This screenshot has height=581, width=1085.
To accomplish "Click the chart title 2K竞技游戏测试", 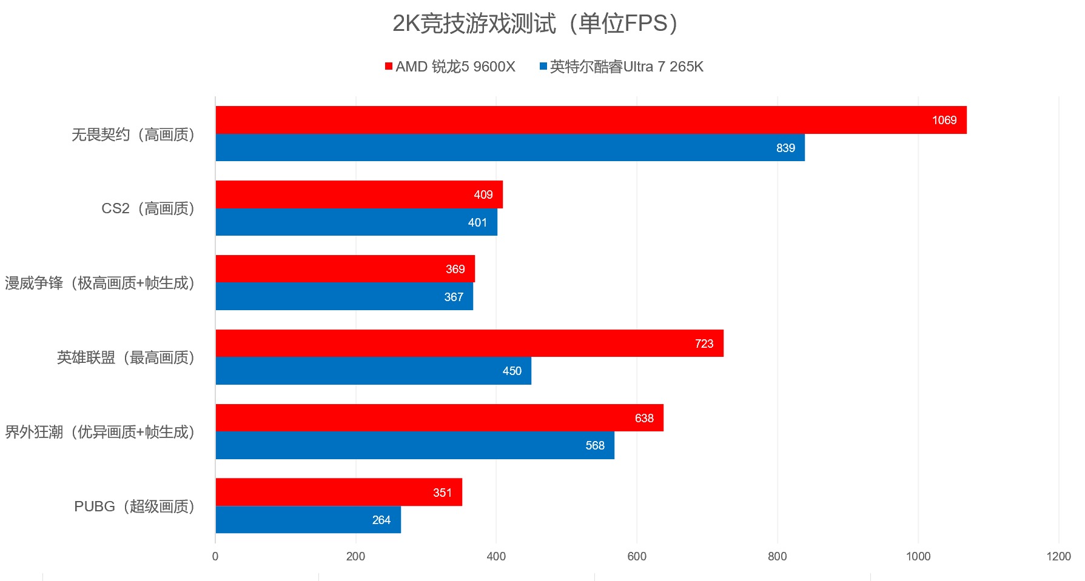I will pos(535,24).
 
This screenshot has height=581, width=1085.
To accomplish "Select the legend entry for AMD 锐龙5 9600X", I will pos(450,67).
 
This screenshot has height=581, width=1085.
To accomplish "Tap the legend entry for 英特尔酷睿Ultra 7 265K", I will pos(622,67).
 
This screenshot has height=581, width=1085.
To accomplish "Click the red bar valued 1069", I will pos(591,120).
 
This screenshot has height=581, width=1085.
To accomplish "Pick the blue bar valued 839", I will pos(510,148).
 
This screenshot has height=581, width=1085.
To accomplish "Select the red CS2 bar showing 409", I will pos(359,194).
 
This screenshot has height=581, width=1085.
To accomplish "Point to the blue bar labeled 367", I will pos(344,297).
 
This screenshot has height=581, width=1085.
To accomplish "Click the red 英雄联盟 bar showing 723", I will pos(469,344).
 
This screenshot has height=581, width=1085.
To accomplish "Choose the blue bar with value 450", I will pos(373,371).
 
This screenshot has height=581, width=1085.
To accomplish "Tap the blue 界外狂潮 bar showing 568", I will pos(415,445).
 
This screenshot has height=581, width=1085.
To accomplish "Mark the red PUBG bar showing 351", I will pos(338,492).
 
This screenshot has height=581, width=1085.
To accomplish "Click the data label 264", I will pos(381,520).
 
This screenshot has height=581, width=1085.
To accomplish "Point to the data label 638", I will pos(644,418).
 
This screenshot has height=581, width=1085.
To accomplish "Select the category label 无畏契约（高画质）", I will pos(133,134).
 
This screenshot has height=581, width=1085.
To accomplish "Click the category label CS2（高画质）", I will pos(148,208).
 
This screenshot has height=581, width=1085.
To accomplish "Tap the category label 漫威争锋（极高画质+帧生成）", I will pos(99,283).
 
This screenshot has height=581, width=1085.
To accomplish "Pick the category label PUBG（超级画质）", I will pos(134,506).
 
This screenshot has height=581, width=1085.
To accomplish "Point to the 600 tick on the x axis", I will pos(637,556).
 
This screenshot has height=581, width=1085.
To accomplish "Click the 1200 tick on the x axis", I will pos(1058,556).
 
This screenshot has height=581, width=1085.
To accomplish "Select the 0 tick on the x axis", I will pos(215,556).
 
